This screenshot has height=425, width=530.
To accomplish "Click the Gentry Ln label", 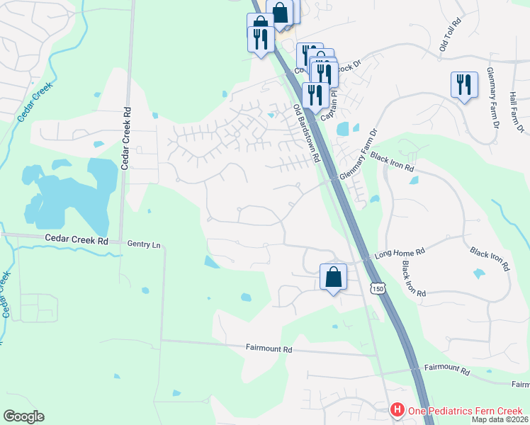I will tap(144, 244).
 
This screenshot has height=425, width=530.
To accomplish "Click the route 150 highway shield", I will tap(378, 288).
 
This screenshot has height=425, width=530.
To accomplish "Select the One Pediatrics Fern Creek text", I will tap(464, 411).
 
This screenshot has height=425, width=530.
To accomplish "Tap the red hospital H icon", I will tap(398, 410).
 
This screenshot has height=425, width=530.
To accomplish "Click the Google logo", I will tap(23, 416).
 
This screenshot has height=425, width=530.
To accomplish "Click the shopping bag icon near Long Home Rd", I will tap(333, 277).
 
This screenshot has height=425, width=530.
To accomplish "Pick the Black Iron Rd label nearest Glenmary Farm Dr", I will tap(392, 163).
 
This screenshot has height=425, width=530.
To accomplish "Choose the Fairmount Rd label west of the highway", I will tap(269, 349).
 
